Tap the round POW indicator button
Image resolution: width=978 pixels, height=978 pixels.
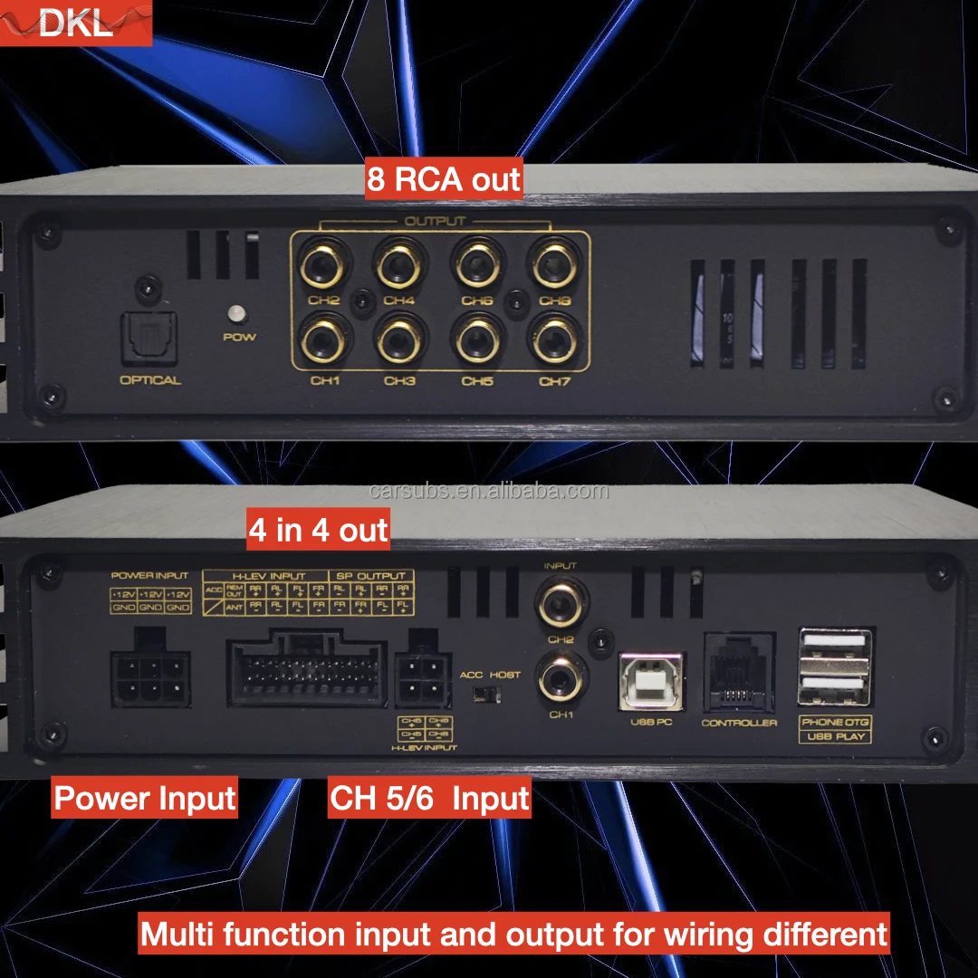coord(238,313)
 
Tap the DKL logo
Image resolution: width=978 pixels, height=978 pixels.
coord(76,23)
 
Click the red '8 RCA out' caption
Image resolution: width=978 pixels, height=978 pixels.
coord(444,179)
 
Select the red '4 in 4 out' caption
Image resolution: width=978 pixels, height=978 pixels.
coord(318,530)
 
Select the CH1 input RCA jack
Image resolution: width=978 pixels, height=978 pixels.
coord(561,677)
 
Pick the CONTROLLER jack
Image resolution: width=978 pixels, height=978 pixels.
coord(738,676)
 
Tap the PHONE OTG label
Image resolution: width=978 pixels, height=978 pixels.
coord(834,722)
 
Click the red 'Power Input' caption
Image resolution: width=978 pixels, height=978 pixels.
coord(145,799)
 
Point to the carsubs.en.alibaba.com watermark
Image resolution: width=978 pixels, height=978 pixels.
coord(490,492)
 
